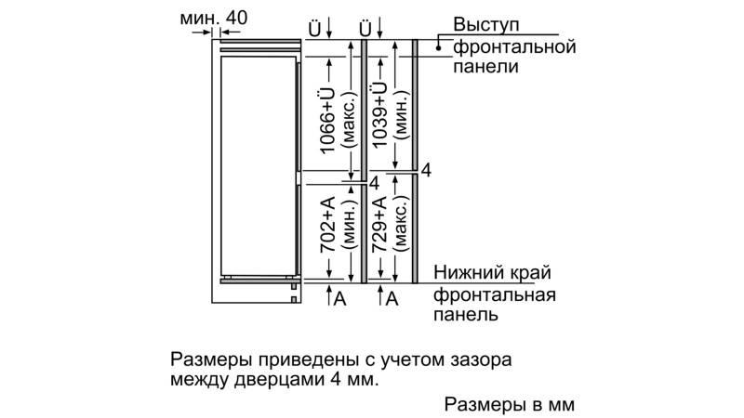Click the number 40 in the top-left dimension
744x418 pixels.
point(237,18)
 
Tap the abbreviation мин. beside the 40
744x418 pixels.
point(200,19)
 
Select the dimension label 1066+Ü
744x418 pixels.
point(328,121)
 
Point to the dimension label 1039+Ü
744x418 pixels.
point(379,113)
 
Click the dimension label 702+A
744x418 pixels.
point(328,225)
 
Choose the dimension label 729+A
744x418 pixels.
point(379,225)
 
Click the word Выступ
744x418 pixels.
point(486,26)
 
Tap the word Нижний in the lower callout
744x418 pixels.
point(470,273)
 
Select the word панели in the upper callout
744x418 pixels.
point(485,66)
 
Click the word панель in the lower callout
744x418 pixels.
point(466,315)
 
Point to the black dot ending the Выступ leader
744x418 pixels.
point(438,47)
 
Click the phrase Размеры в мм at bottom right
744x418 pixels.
point(510,405)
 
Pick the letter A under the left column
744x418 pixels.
point(340,298)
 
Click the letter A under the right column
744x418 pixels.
point(392,298)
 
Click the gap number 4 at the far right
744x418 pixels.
point(427,170)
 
